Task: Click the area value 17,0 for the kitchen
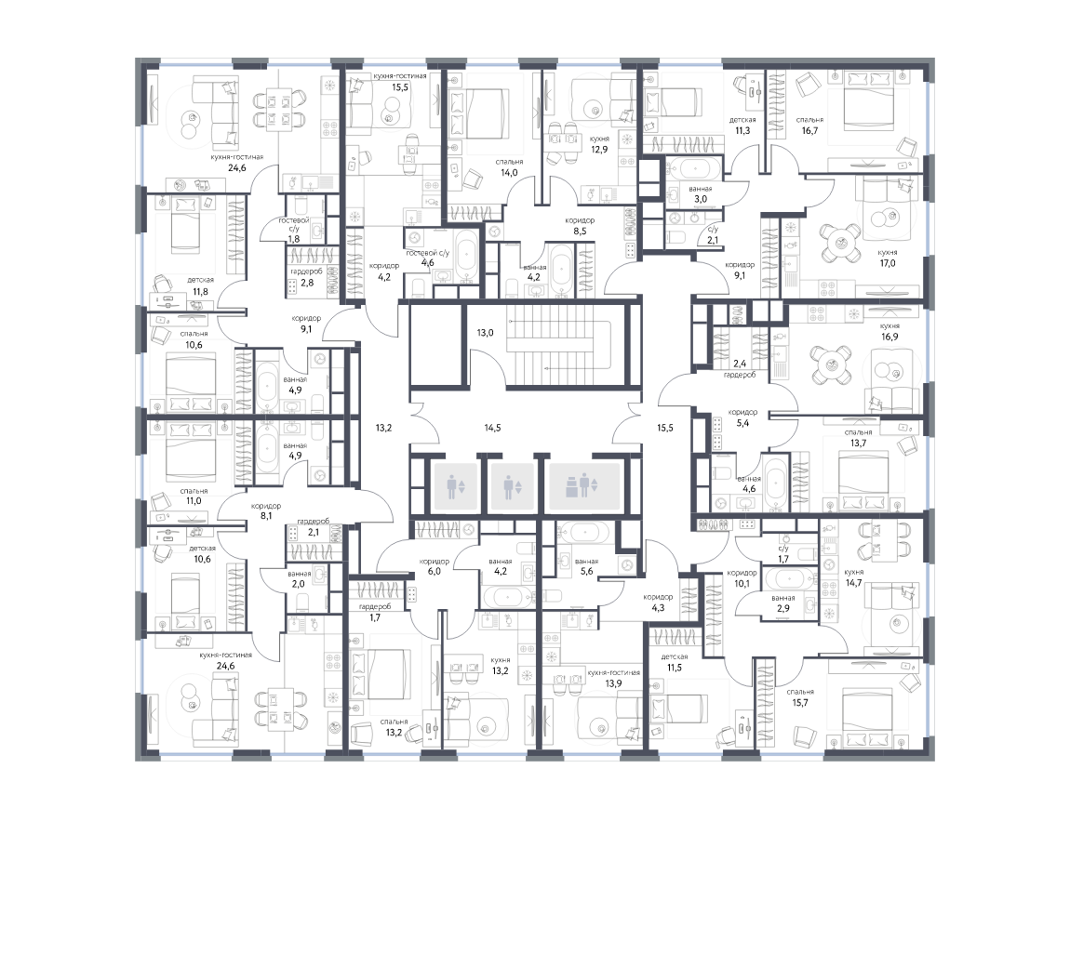887,263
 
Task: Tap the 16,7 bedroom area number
809,131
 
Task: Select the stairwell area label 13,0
485,334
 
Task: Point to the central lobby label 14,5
493,429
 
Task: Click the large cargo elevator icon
584,487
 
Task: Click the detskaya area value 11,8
200,292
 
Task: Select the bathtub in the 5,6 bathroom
587,533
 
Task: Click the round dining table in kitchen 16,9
832,364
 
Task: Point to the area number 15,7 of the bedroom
799,702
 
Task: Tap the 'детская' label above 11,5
675,657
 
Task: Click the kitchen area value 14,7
853,583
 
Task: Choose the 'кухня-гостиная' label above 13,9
613,673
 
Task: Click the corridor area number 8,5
580,232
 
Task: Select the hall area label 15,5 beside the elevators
664,429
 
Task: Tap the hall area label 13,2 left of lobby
383,429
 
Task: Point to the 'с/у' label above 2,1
713,230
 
